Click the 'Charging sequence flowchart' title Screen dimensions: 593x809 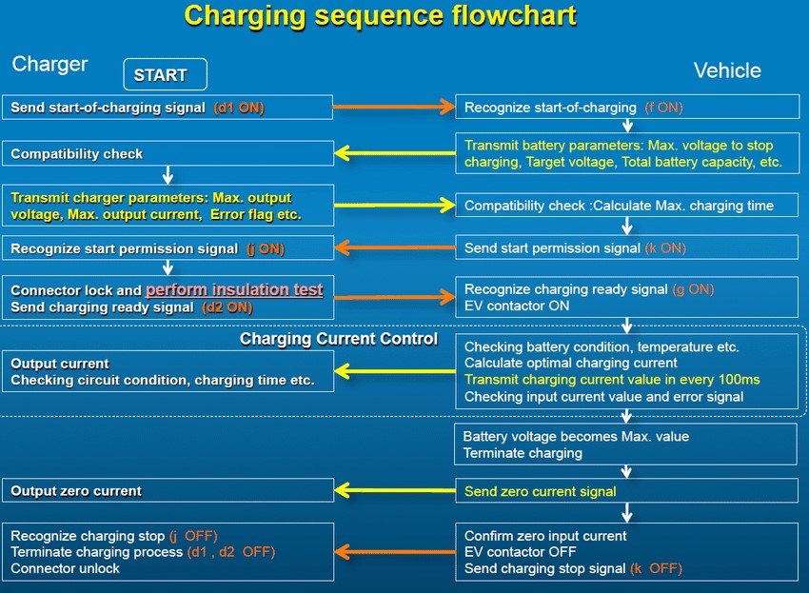coord(380,16)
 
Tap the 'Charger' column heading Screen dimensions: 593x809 coord(49,65)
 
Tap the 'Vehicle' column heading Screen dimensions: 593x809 coord(727,70)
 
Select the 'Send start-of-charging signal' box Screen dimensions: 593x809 coord(167,108)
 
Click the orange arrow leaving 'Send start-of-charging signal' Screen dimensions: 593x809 coord(392,108)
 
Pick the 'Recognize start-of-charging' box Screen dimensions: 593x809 coord(626,108)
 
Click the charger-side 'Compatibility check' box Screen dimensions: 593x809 coord(167,153)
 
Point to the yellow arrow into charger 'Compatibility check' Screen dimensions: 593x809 coord(392,153)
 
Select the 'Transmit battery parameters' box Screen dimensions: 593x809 coord(626,154)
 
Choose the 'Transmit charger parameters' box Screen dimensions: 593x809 coord(167,206)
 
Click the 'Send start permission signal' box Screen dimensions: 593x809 coord(626,247)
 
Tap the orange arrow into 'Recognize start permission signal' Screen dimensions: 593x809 coord(392,248)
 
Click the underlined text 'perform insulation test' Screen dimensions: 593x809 coord(234,289)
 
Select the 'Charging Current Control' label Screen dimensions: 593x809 coord(339,339)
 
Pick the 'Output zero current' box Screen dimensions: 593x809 coord(167,491)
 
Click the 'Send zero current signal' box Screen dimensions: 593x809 coord(626,491)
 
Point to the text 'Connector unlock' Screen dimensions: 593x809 coord(66,568)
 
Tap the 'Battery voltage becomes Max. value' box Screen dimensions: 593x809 coord(626,445)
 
